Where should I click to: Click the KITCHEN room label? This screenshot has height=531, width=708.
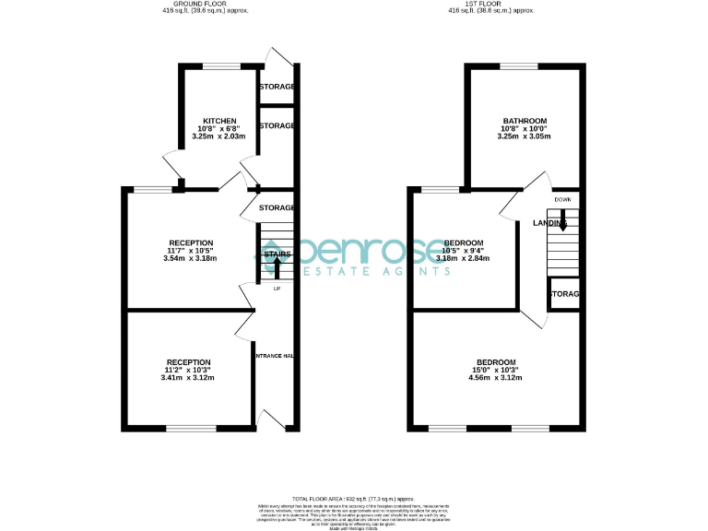[x=219, y=121]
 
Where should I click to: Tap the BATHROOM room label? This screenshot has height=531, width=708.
[x=525, y=121]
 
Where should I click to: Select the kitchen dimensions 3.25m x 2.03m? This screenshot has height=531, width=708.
[x=219, y=136]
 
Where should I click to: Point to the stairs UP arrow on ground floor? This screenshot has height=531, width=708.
[x=277, y=267]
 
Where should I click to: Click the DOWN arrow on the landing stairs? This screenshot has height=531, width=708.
[x=561, y=222]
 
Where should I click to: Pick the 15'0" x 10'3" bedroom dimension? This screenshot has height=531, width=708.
[x=496, y=370]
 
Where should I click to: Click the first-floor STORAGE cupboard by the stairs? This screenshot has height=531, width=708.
[x=564, y=294]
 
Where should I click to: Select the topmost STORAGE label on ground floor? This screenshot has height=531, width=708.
[x=277, y=87]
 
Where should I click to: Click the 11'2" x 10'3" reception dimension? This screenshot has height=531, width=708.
[x=189, y=370]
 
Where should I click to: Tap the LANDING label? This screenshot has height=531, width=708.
[x=549, y=223]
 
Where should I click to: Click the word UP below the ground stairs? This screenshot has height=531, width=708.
[x=277, y=289]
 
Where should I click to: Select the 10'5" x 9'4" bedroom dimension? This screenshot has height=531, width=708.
[x=463, y=251]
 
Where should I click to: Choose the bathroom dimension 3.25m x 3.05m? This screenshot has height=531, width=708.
[x=525, y=136]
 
